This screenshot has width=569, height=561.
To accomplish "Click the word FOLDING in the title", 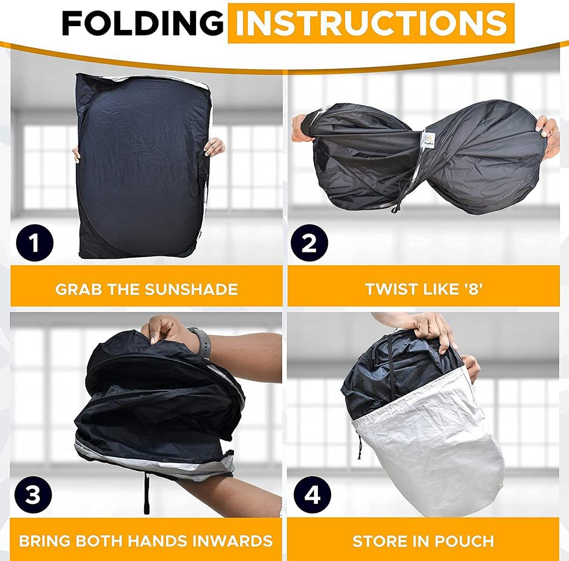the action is pyautogui.click(x=143, y=23).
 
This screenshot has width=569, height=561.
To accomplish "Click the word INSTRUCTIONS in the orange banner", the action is pyautogui.click(x=371, y=23).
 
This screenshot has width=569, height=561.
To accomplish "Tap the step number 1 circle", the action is pyautogui.click(x=34, y=242).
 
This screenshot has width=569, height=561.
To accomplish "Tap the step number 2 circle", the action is pyautogui.click(x=309, y=242).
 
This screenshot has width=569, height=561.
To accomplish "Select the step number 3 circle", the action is pyautogui.click(x=33, y=494).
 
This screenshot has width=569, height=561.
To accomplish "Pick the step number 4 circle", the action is pyautogui.click(x=312, y=494).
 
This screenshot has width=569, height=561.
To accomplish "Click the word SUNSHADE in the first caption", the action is pyautogui.click(x=191, y=289).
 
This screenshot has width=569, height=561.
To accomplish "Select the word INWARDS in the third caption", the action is pyautogui.click(x=232, y=540).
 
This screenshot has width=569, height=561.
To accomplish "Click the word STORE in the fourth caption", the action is pyautogui.click(x=380, y=541).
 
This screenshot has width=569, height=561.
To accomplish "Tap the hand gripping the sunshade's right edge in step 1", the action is pyautogui.click(x=214, y=147).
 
